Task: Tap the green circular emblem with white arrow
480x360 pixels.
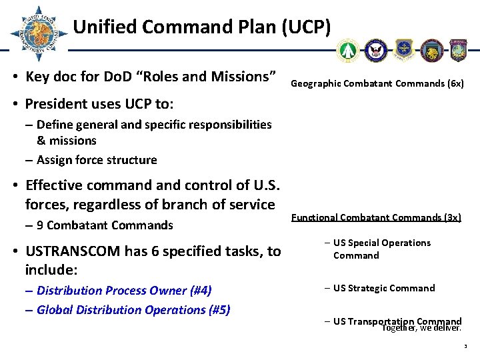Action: tap(347, 50)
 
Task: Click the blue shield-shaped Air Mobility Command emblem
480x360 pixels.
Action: tap(404, 50)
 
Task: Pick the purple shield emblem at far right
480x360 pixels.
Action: tap(459, 50)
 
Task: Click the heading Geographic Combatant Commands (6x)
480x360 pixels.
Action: tap(377, 83)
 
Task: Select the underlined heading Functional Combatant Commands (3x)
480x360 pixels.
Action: tap(376, 217)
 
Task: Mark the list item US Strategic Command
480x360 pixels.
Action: tap(383, 288)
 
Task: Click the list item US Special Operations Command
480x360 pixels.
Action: tap(381, 249)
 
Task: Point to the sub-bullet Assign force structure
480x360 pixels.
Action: tap(97, 160)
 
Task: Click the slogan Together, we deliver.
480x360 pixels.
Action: tap(421, 328)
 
